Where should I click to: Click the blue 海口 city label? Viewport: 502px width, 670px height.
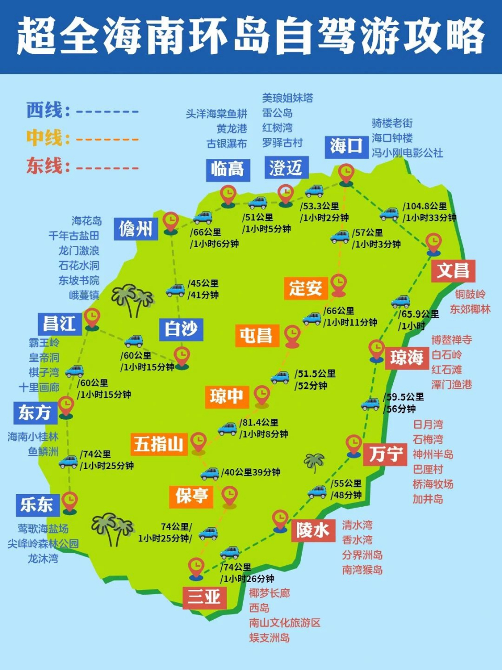coord(346,146)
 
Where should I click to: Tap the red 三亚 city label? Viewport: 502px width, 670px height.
coord(204,597)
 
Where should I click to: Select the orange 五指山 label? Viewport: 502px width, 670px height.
coord(158,444)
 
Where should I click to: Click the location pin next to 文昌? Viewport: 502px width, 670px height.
coord(433,243)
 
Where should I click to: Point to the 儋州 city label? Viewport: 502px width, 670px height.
coord(135,229)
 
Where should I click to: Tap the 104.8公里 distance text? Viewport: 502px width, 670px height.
coord(425,206)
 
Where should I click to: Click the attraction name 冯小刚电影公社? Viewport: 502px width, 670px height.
coord(407,153)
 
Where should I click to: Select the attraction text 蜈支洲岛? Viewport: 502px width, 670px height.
coord(269,638)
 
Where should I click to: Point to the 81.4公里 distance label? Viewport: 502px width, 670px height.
coord(259,422)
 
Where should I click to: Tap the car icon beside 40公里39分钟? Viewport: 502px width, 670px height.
coord(210,473)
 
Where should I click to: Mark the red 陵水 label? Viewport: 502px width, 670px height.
coord(313,530)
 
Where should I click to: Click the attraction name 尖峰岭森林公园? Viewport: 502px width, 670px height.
coord(43,544)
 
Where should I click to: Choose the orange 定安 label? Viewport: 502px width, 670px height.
coord(305,288)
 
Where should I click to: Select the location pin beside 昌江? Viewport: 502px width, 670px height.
coord(92,317)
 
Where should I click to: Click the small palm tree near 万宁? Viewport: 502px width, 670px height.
coord(314,462)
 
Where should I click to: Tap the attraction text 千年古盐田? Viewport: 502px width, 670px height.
coord(74,236)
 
